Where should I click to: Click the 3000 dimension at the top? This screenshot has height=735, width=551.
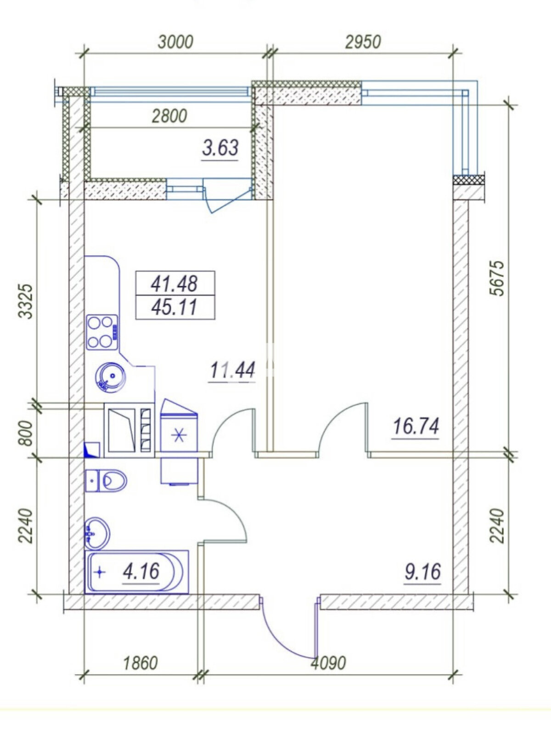pos(176,42)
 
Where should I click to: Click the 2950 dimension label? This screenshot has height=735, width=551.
pos(363,42)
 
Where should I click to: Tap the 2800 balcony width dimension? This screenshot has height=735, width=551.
pos(169,116)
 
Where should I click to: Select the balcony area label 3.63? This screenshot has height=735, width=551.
pos(220,148)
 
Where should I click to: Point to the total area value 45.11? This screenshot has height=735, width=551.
pos(174,307)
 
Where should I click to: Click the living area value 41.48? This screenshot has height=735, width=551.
pos(174,283)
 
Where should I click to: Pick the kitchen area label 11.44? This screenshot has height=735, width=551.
pos(232,370)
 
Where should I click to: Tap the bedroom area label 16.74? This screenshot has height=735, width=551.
pos(416,426)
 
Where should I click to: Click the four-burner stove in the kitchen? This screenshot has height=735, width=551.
pos(102,332)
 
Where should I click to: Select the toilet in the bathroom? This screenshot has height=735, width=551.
pos(106,481)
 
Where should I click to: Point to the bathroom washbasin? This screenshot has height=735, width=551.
pos(97,534)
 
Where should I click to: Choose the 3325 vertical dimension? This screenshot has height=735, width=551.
pos(26,301)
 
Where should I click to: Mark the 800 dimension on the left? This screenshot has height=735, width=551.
pos(26,433)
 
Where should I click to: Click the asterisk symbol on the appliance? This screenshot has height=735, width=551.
pos(179,436)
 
